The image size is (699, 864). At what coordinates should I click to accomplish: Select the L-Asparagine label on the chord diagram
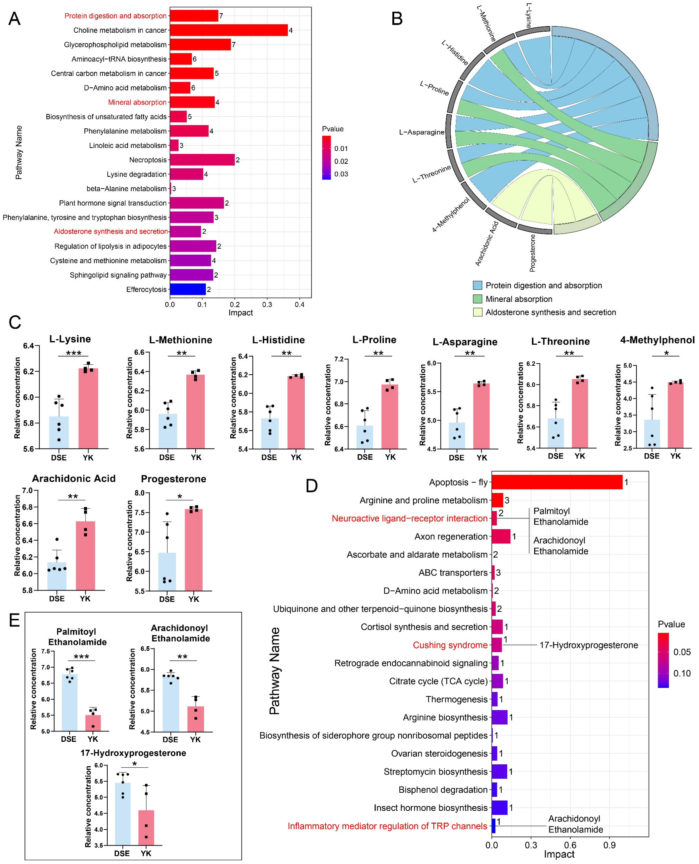pos(421,132)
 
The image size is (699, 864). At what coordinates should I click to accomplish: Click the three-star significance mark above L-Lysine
pos(74,353)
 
